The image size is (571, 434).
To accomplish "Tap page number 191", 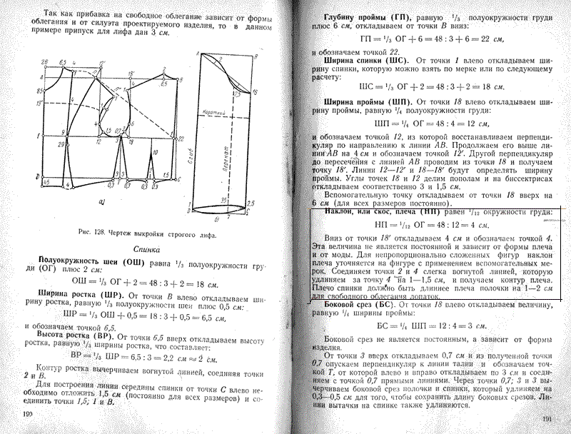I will [x=548, y=420].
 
